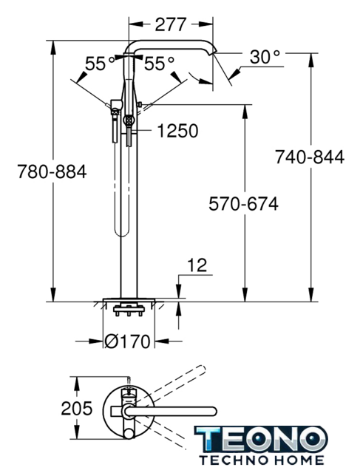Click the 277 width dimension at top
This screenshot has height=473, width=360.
tap(171, 24)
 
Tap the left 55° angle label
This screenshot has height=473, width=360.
tap(100, 64)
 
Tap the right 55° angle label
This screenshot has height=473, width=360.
tap(159, 64)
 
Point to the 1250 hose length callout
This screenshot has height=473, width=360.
tap(178, 131)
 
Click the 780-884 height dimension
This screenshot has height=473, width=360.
tap(52, 172)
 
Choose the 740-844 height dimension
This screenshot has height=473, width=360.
tap(310, 157)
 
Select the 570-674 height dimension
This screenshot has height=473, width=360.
tap(243, 204)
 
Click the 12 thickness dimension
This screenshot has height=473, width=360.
tap(197, 265)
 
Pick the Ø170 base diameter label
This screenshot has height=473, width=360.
tap(127, 341)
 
